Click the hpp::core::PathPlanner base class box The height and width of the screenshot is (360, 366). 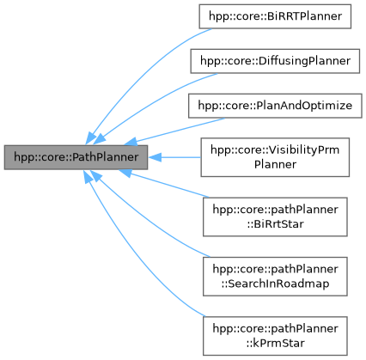tap(76, 156)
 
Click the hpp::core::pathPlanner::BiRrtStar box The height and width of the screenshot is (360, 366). tap(272, 215)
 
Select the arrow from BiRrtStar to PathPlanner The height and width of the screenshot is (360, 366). tap(163, 190)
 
